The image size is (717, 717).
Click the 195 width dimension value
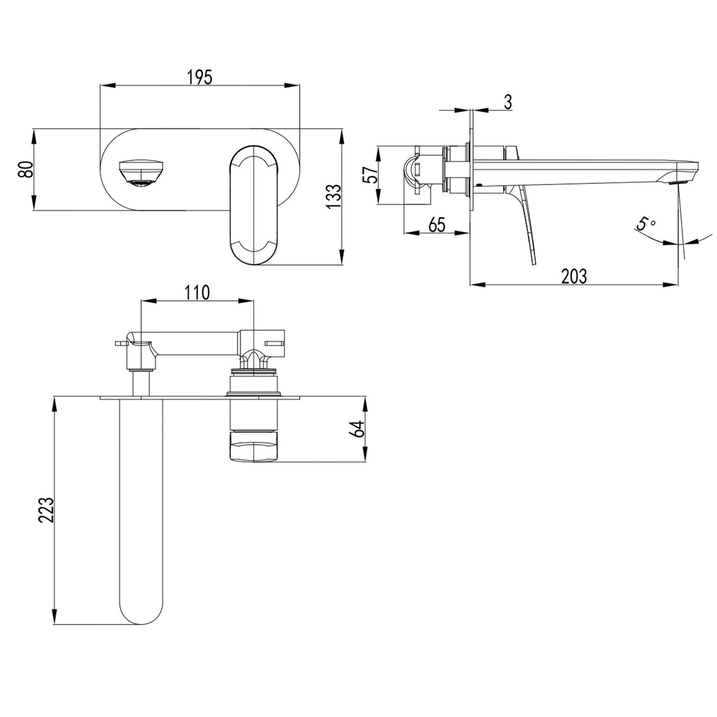point(199,77)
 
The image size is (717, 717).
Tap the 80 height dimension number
point(26,169)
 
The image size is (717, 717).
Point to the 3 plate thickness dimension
point(508,102)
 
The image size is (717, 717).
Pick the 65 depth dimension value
point(436,224)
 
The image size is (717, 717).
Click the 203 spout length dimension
point(574,276)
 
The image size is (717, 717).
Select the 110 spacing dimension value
point(197,292)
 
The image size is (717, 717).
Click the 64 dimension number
point(358,429)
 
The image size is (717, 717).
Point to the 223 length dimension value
point(46,510)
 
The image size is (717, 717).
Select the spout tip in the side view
point(684,174)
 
